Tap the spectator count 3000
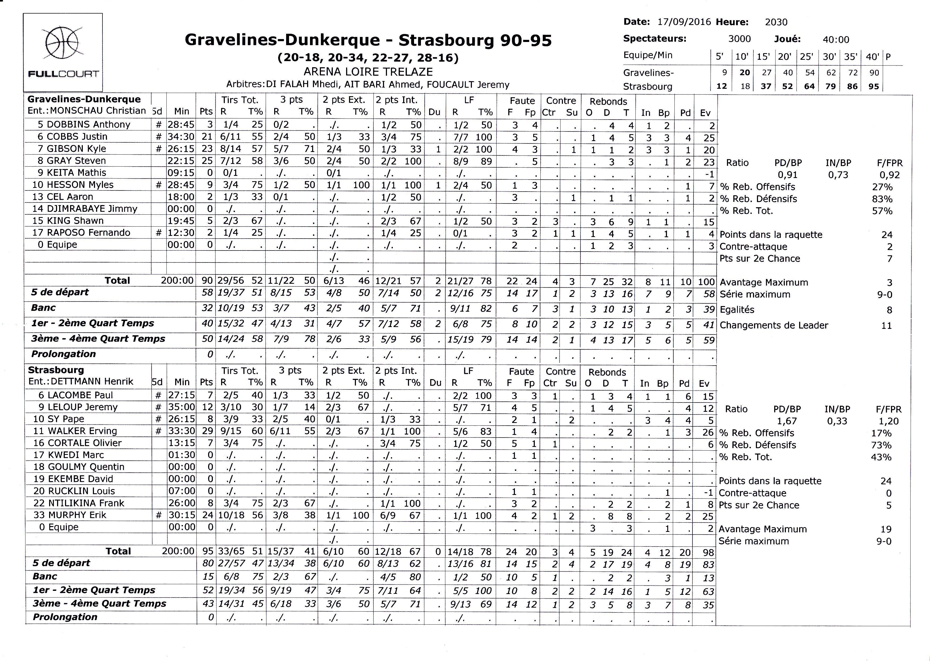(739, 39)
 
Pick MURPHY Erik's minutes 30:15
(182, 515)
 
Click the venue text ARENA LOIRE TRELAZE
(368, 72)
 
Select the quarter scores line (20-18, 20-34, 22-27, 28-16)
(368, 58)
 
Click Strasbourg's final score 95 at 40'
(873, 86)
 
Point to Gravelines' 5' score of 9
(724, 73)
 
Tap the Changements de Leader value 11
(886, 326)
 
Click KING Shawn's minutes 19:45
(181, 221)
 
